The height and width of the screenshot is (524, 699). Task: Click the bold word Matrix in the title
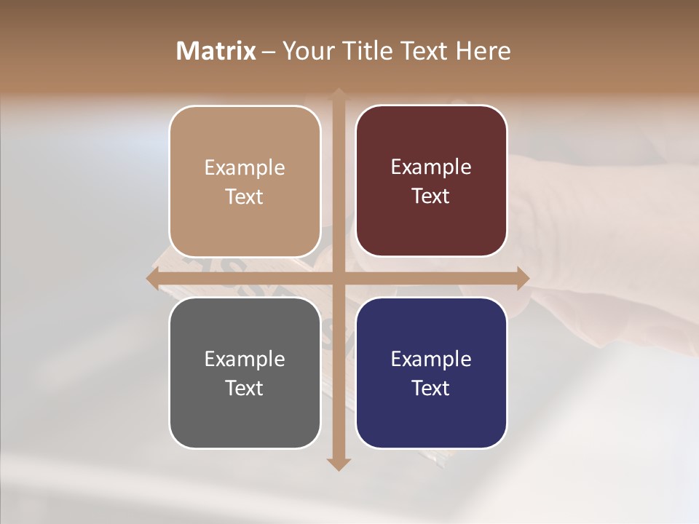point(216,51)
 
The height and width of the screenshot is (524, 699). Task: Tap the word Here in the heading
point(483,51)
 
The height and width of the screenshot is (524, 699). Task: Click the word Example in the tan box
point(245,167)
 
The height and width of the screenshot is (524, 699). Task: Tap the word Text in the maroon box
point(431,196)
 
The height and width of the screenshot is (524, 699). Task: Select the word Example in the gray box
point(245,359)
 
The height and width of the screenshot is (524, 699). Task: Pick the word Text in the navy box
point(431,388)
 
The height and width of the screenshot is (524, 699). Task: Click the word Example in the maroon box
point(431,167)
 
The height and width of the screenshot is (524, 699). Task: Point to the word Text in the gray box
point(245,388)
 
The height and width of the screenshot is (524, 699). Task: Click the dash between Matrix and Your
point(269,52)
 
